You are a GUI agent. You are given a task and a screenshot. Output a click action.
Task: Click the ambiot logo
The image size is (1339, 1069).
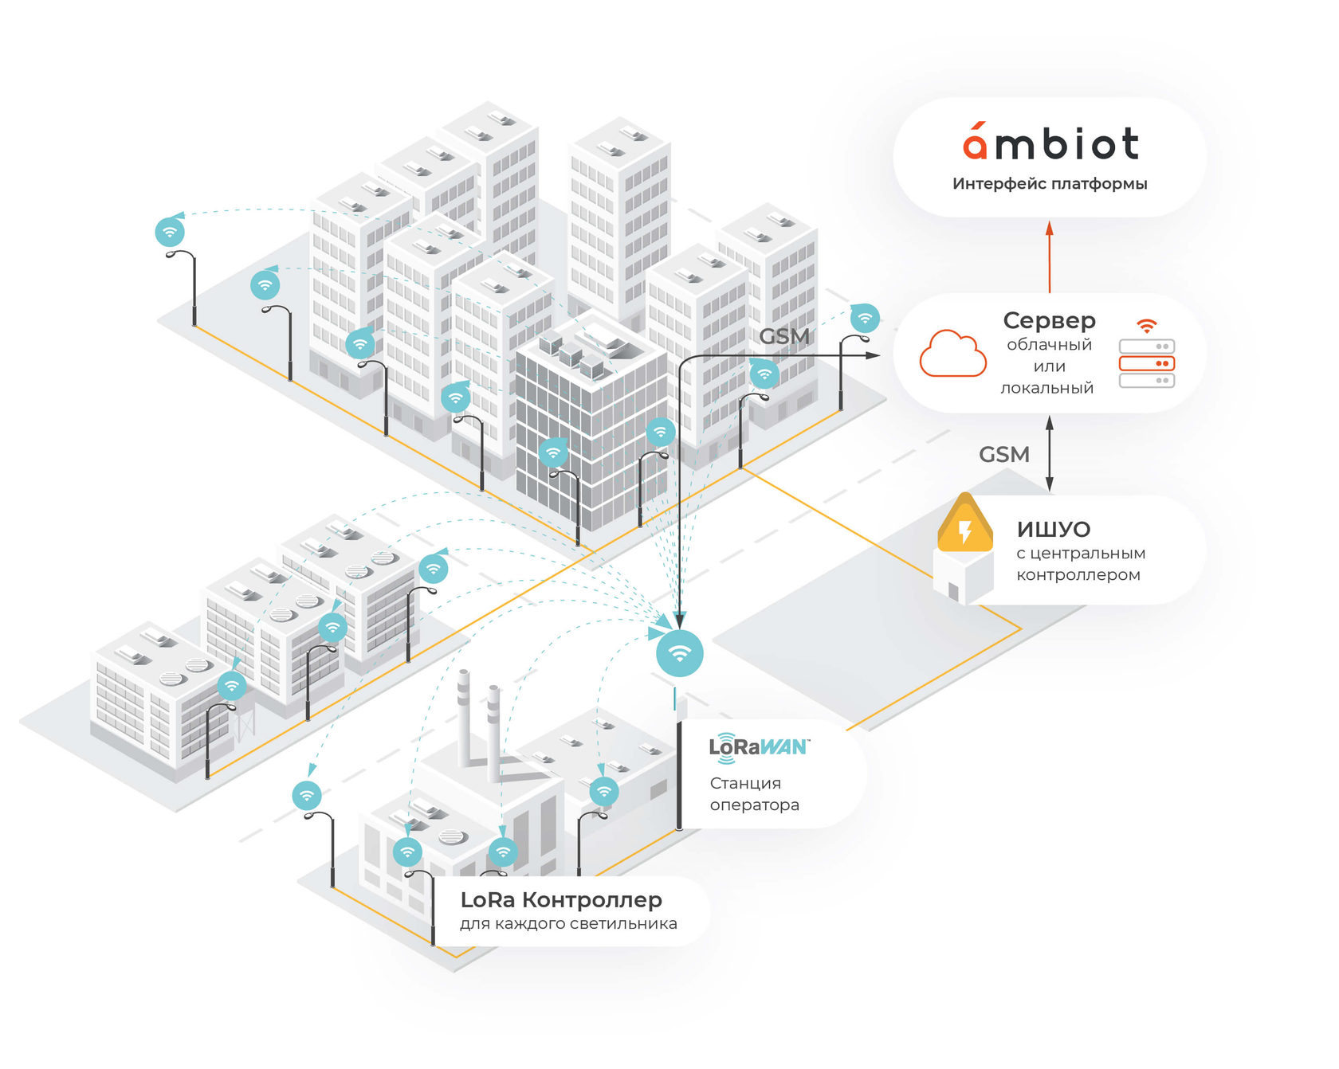click(x=1050, y=143)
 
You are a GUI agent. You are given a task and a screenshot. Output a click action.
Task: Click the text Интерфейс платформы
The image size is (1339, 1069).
click(x=1050, y=184)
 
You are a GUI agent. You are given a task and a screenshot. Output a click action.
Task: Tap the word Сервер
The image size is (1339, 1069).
click(x=1049, y=320)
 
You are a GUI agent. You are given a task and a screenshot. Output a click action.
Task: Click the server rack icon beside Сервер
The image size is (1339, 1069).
click(x=1146, y=363)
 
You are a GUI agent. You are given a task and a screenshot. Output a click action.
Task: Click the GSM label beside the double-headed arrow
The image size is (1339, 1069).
click(x=1003, y=455)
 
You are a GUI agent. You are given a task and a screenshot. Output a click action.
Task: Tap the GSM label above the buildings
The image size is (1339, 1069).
click(x=784, y=336)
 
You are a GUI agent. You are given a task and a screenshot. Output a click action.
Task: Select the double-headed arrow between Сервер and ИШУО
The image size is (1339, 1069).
click(x=1050, y=454)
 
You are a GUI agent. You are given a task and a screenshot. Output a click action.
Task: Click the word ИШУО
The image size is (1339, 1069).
click(x=1053, y=530)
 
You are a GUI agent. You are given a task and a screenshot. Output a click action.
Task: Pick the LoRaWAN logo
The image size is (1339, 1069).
click(x=758, y=747)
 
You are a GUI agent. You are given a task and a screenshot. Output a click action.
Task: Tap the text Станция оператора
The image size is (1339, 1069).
click(x=754, y=794)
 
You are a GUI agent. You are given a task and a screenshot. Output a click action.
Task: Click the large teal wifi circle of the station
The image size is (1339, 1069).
click(x=679, y=653)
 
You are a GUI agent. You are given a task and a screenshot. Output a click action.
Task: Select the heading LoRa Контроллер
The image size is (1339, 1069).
click(x=561, y=900)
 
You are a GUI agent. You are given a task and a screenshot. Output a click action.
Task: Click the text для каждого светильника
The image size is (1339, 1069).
click(x=568, y=924)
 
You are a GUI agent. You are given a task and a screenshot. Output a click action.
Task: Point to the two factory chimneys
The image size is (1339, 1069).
click(x=479, y=725)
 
